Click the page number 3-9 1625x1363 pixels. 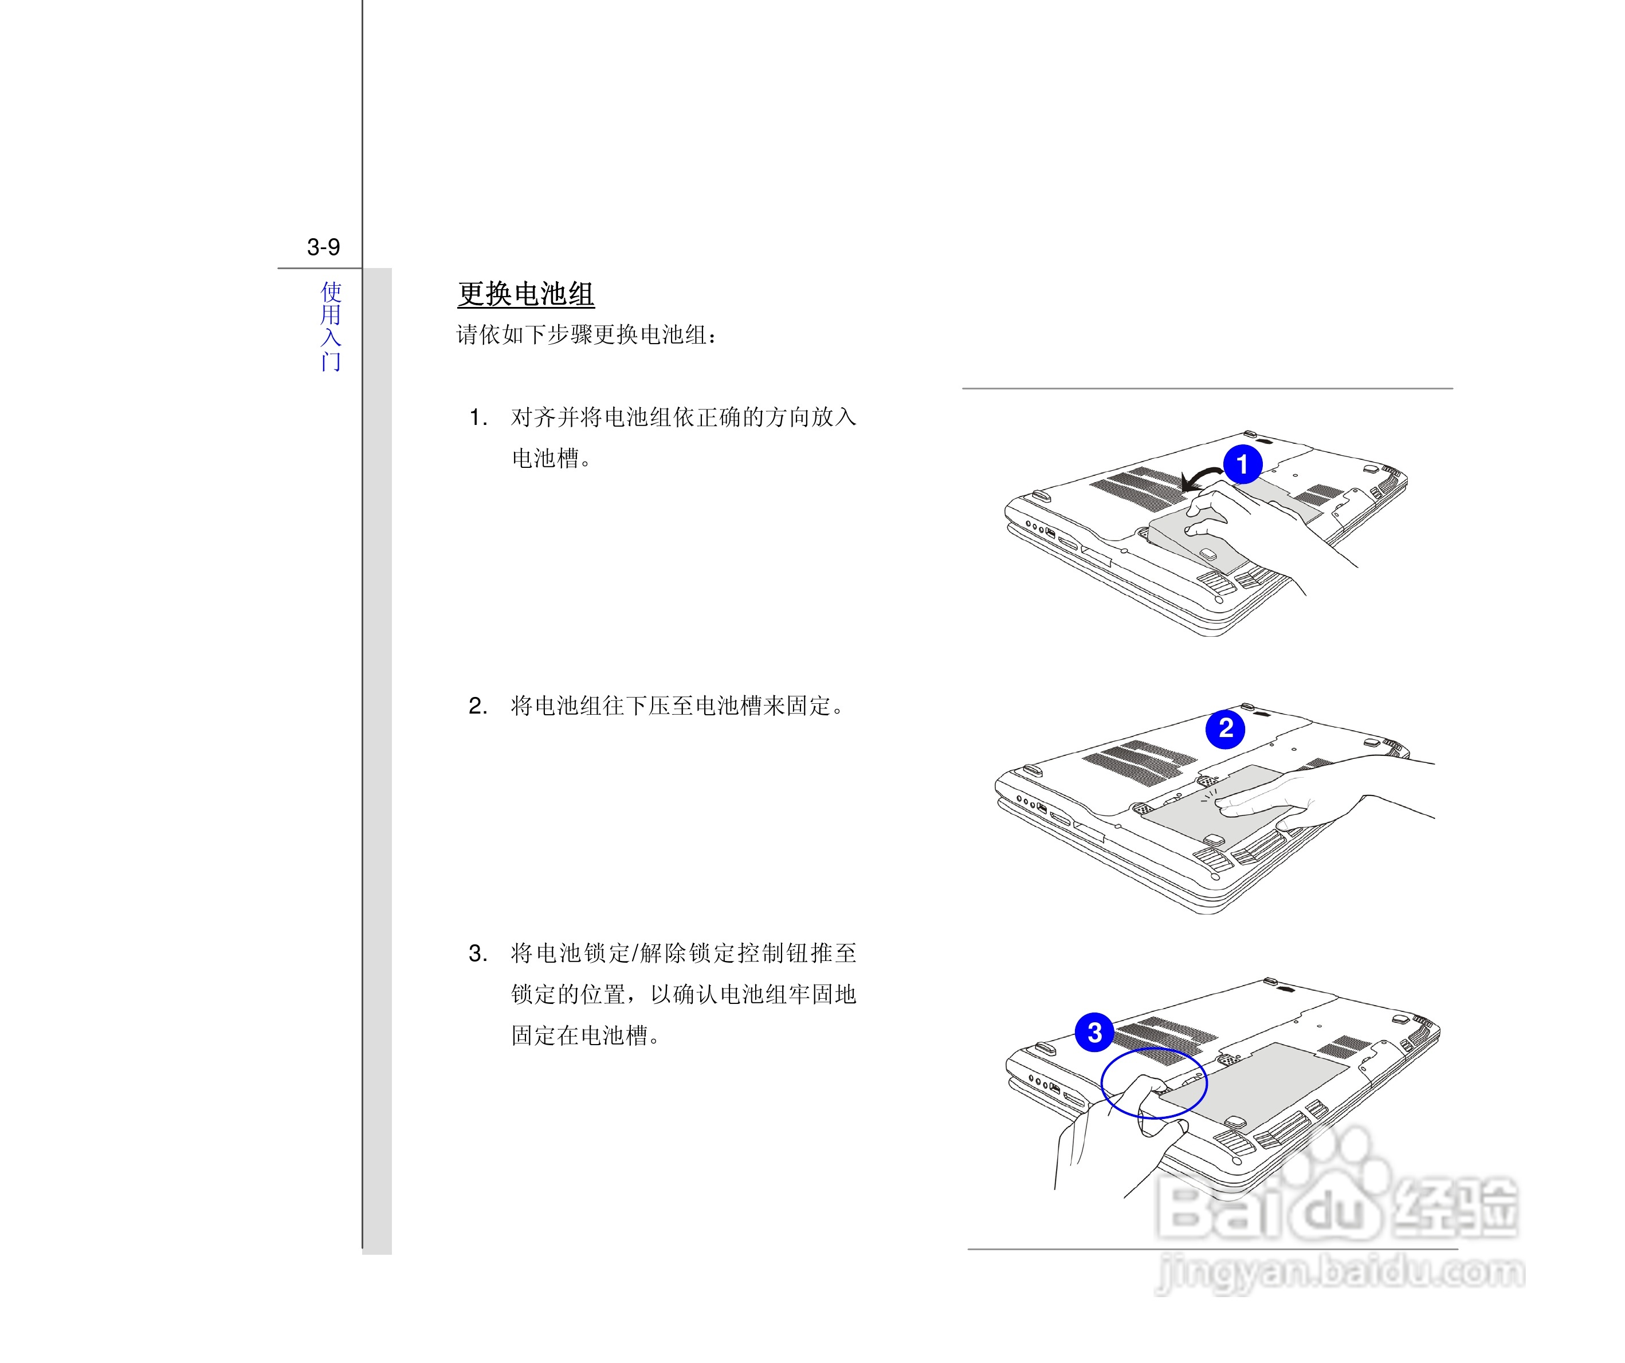point(323,247)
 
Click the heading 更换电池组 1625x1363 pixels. point(525,294)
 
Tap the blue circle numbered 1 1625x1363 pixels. point(1243,464)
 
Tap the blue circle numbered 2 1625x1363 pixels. point(1226,728)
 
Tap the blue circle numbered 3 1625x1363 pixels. point(1095,1033)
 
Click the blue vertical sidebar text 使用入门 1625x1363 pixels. point(331,326)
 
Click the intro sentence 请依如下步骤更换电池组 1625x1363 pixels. point(587,335)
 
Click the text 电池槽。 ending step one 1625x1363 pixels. point(551,459)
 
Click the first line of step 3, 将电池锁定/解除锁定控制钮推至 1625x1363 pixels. point(683,954)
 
